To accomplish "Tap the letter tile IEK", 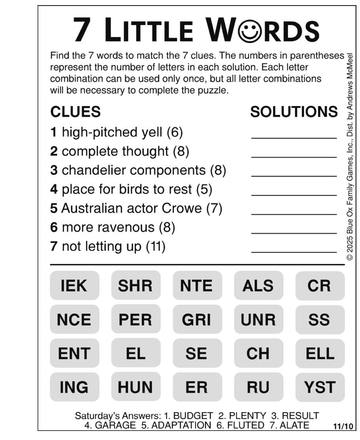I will click(x=74, y=285).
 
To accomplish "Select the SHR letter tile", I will click(x=136, y=285).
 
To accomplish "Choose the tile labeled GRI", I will click(x=197, y=319).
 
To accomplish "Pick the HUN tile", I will click(x=136, y=387).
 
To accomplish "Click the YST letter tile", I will click(x=320, y=387).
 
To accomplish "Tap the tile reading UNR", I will click(x=258, y=319).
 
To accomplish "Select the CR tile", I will click(x=320, y=285).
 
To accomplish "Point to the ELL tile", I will click(x=320, y=353).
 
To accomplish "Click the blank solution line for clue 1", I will click(x=294, y=137).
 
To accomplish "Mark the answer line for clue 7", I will click(x=294, y=251).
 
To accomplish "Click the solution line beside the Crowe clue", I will click(x=294, y=213).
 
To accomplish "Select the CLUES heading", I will click(x=75, y=112).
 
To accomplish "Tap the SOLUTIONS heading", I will click(x=294, y=112).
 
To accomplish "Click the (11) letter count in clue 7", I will click(x=155, y=246).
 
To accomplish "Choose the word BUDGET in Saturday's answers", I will click(x=193, y=416).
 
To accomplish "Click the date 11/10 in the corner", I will click(x=343, y=426).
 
